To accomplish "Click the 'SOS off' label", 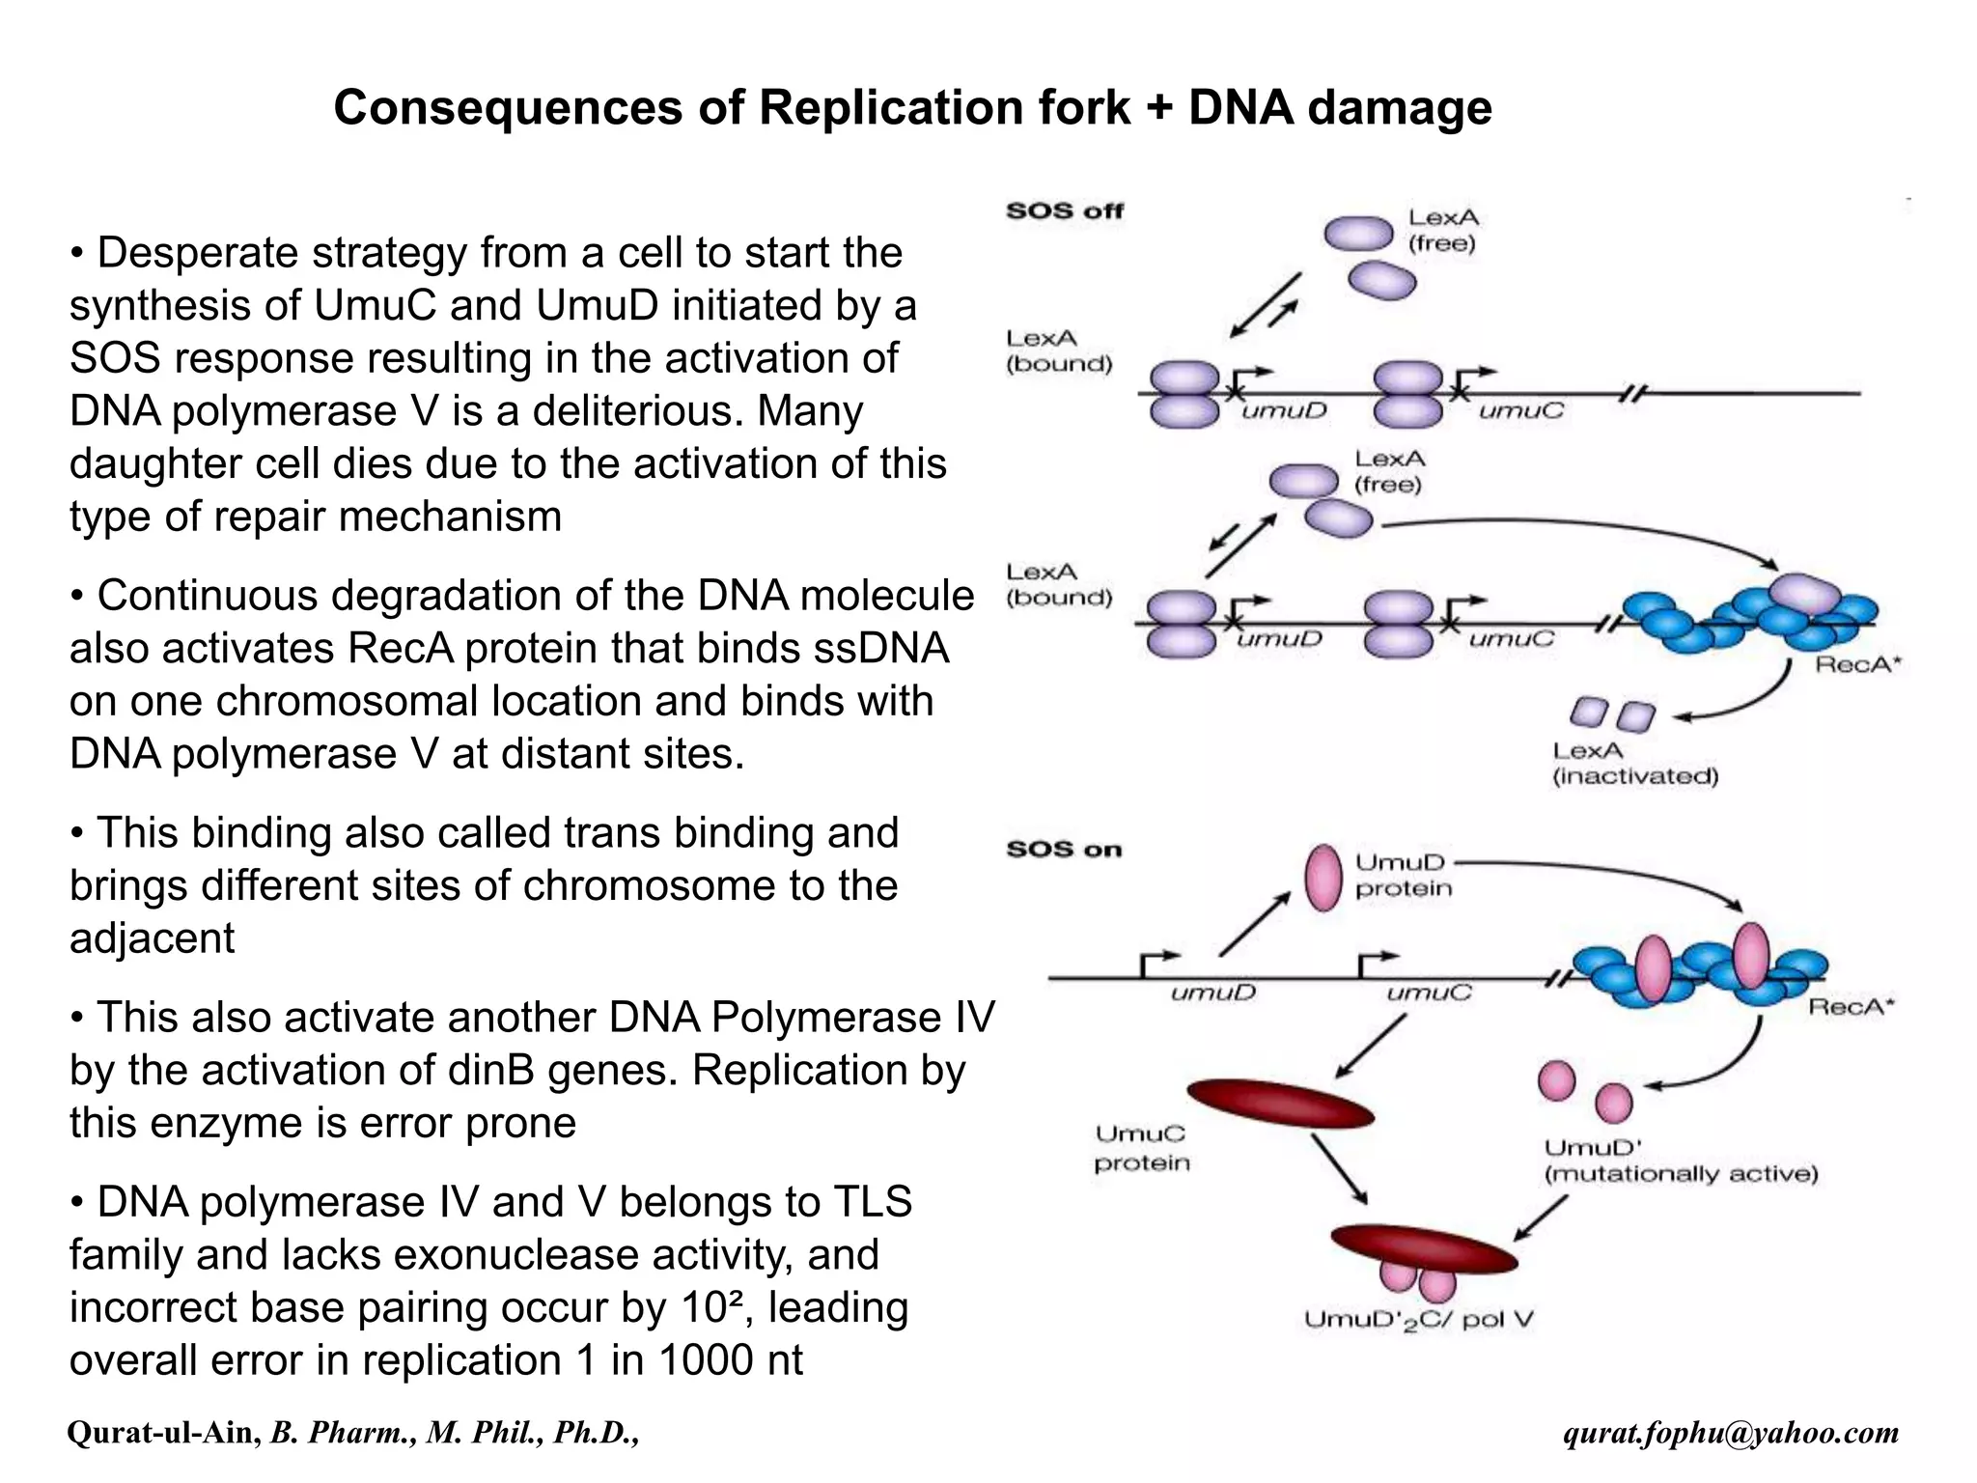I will [x=1065, y=210].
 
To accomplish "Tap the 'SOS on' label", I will [x=1064, y=850].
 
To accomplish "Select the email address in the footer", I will [x=1731, y=1433].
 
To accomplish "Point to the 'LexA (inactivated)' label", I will [x=1634, y=764].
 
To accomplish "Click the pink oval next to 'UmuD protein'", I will [x=1323, y=878].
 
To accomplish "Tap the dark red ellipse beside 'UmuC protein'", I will [x=1280, y=1104].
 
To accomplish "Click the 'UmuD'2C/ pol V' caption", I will [x=1418, y=1320].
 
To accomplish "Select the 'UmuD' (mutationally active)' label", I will [x=1681, y=1161].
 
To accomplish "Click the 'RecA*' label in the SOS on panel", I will [x=1852, y=1007].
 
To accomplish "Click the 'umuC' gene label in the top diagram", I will [x=1521, y=411].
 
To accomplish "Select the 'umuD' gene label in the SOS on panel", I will [x=1212, y=993].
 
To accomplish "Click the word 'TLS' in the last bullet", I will [x=872, y=1202].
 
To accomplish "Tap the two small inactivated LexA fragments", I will [x=1611, y=715].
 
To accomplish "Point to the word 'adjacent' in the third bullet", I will [x=152, y=938].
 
